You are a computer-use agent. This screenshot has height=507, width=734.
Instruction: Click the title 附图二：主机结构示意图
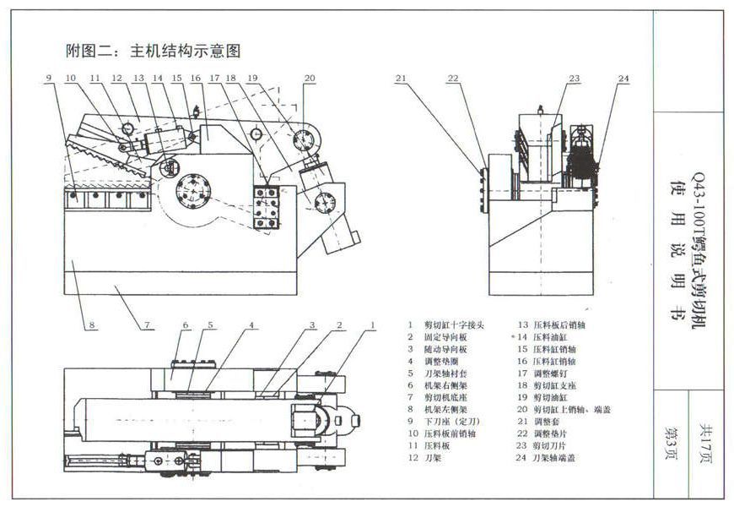click(153, 52)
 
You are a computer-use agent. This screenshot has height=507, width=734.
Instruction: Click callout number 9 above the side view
click(49, 79)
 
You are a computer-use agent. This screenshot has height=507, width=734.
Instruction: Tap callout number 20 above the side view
click(310, 79)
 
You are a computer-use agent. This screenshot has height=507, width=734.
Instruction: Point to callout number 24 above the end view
click(623, 79)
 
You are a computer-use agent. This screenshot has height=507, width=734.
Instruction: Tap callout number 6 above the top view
click(186, 325)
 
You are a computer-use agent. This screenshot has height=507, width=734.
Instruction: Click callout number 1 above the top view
click(372, 325)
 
